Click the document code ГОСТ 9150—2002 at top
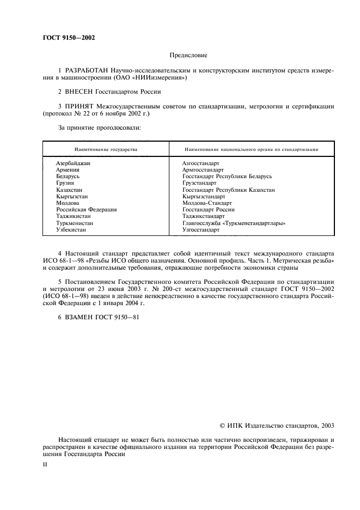(70, 37)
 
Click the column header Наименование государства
(106, 149)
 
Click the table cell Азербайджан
(73, 163)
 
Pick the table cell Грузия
(65, 183)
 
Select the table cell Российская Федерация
(86, 210)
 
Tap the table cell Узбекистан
(71, 230)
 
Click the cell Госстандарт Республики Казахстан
(228, 190)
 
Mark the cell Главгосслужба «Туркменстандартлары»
(234, 223)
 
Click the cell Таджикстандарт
(204, 216)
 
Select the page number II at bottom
(45, 466)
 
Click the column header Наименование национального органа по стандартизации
(251, 149)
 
